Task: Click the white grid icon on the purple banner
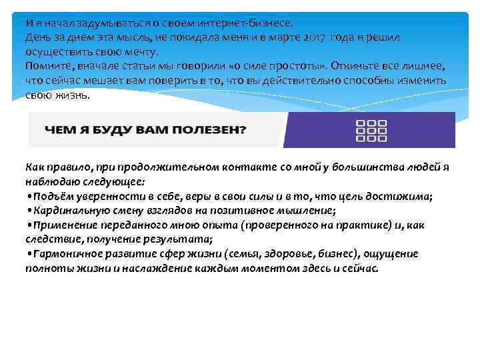(x=371, y=131)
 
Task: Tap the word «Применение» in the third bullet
(x=63, y=225)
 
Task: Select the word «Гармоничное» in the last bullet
(x=66, y=254)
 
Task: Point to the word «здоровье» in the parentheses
(x=283, y=254)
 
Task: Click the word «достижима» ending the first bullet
(x=405, y=197)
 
